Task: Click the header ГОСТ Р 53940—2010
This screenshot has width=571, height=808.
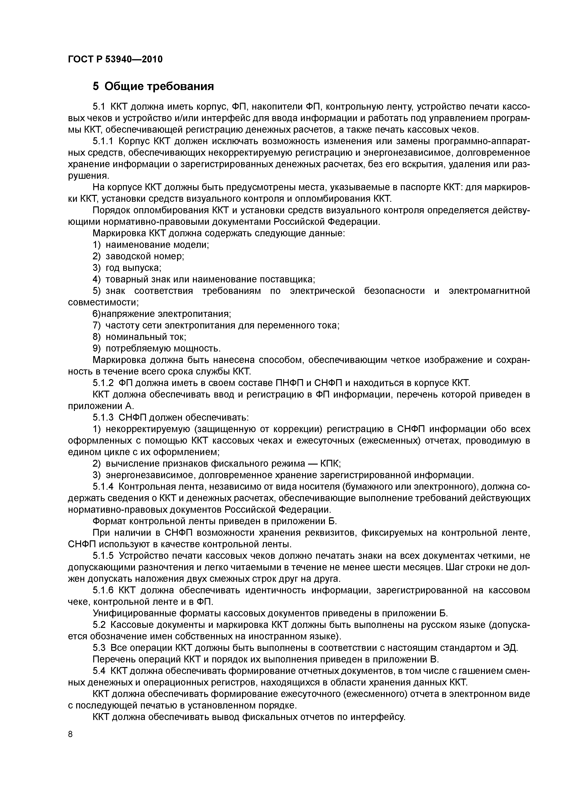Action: coord(115,59)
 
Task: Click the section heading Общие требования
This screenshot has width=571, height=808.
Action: coord(159,86)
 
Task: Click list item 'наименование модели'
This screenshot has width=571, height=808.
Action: coord(157,245)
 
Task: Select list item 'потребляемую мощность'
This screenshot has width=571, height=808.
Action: coord(163,348)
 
